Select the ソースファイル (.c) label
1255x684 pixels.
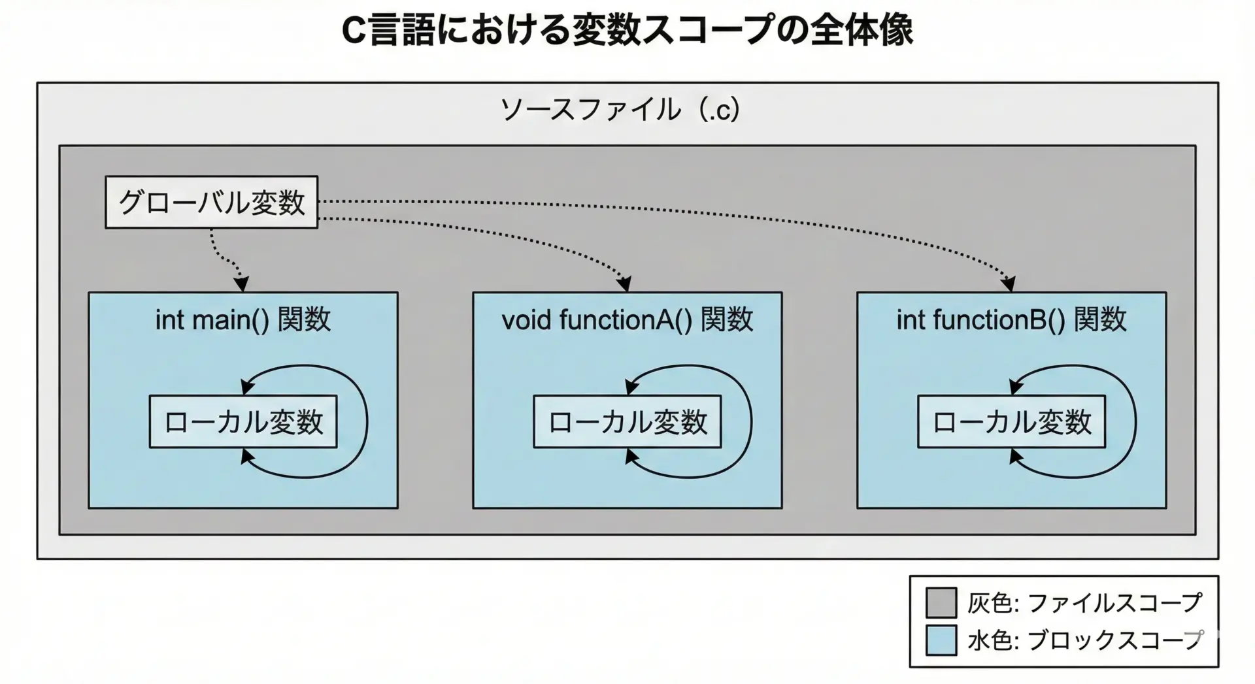coord(620,110)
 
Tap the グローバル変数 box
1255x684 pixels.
coord(211,203)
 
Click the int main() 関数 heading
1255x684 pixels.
coord(243,320)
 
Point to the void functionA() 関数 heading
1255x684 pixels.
coord(627,320)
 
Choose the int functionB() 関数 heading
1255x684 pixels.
coord(1011,320)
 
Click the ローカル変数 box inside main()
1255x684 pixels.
coord(243,422)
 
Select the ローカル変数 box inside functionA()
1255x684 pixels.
coord(627,422)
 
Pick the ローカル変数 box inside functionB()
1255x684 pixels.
coord(1011,422)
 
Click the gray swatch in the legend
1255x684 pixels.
coord(941,602)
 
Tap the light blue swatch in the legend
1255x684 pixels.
coord(941,640)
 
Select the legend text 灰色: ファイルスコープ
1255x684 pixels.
coord(1084,602)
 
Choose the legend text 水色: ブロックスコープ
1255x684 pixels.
coord(1084,640)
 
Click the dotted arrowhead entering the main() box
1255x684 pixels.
coord(241,284)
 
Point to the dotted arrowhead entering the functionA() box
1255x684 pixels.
coord(625,284)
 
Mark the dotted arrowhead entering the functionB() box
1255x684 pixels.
coord(1009,284)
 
